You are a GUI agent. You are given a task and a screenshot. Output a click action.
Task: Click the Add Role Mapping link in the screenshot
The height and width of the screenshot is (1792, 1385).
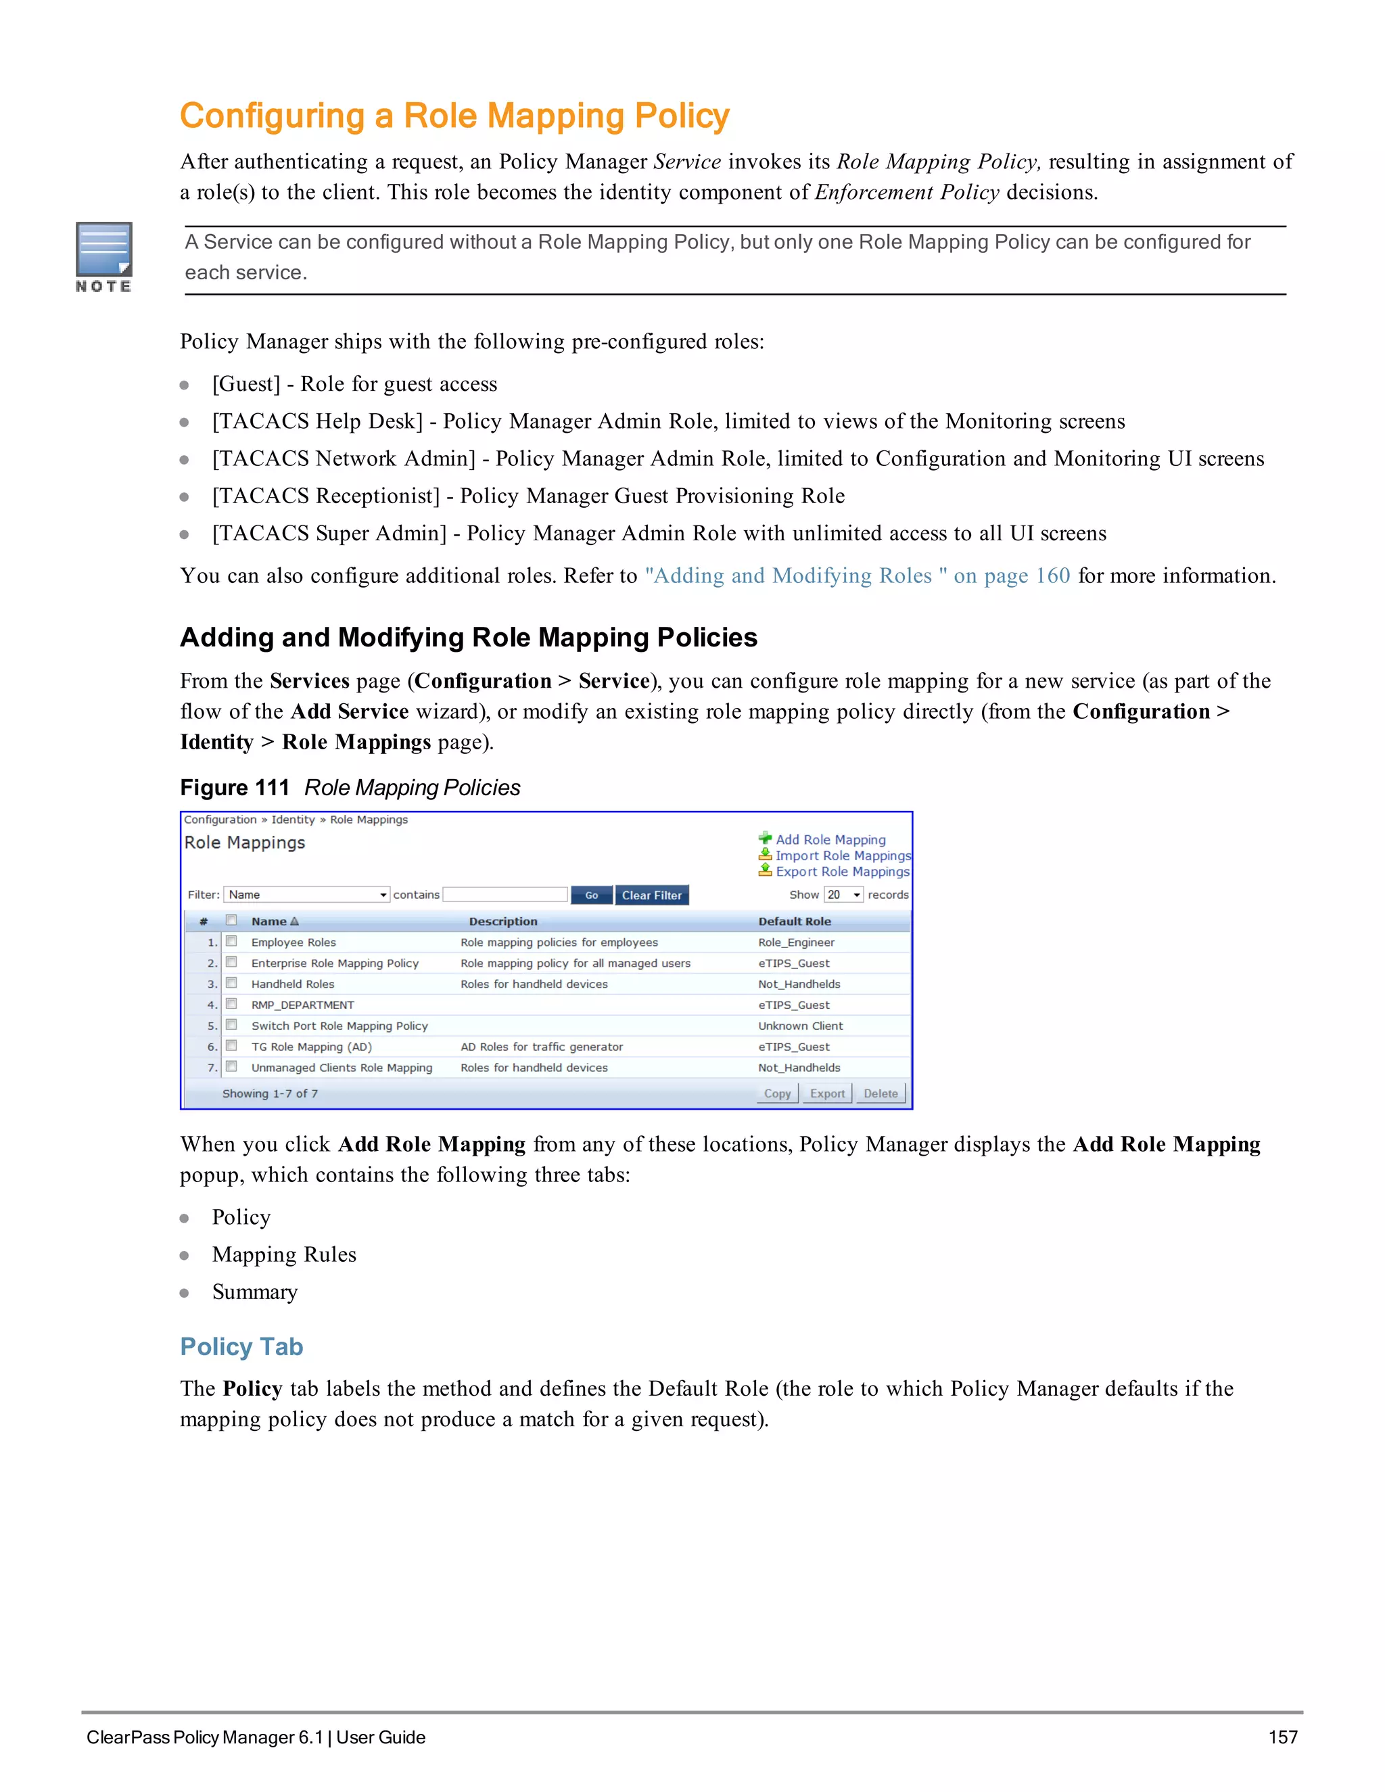click(830, 839)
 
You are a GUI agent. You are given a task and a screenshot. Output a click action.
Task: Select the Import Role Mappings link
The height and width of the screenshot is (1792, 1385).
click(842, 856)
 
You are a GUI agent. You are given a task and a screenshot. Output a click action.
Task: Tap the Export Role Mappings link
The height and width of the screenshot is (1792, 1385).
click(842, 872)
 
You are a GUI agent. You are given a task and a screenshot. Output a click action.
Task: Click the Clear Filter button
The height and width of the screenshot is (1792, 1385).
click(651, 895)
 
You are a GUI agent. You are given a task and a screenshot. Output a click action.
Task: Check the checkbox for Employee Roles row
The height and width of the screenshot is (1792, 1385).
click(231, 942)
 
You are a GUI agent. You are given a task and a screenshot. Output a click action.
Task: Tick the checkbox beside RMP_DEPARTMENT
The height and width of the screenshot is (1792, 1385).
click(231, 1004)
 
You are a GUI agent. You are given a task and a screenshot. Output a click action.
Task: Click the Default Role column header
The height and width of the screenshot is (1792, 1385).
click(794, 922)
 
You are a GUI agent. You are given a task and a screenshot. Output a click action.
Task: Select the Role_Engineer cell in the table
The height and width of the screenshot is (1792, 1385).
click(796, 943)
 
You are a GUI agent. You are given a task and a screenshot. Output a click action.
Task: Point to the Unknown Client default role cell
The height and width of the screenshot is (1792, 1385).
click(800, 1026)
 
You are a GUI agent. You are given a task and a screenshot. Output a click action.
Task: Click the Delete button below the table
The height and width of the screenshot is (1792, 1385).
click(881, 1093)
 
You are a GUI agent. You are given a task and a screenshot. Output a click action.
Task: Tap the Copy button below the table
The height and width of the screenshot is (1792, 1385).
click(777, 1093)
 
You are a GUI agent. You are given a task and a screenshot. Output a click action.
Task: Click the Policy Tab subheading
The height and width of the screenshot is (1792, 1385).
click(241, 1347)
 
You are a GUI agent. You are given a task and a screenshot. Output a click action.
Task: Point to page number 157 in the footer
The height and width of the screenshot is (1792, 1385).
click(1282, 1737)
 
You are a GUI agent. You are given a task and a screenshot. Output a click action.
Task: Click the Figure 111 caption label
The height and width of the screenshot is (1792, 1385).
click(235, 788)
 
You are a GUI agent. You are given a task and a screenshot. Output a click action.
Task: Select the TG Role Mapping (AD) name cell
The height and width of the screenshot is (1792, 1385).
click(311, 1047)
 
